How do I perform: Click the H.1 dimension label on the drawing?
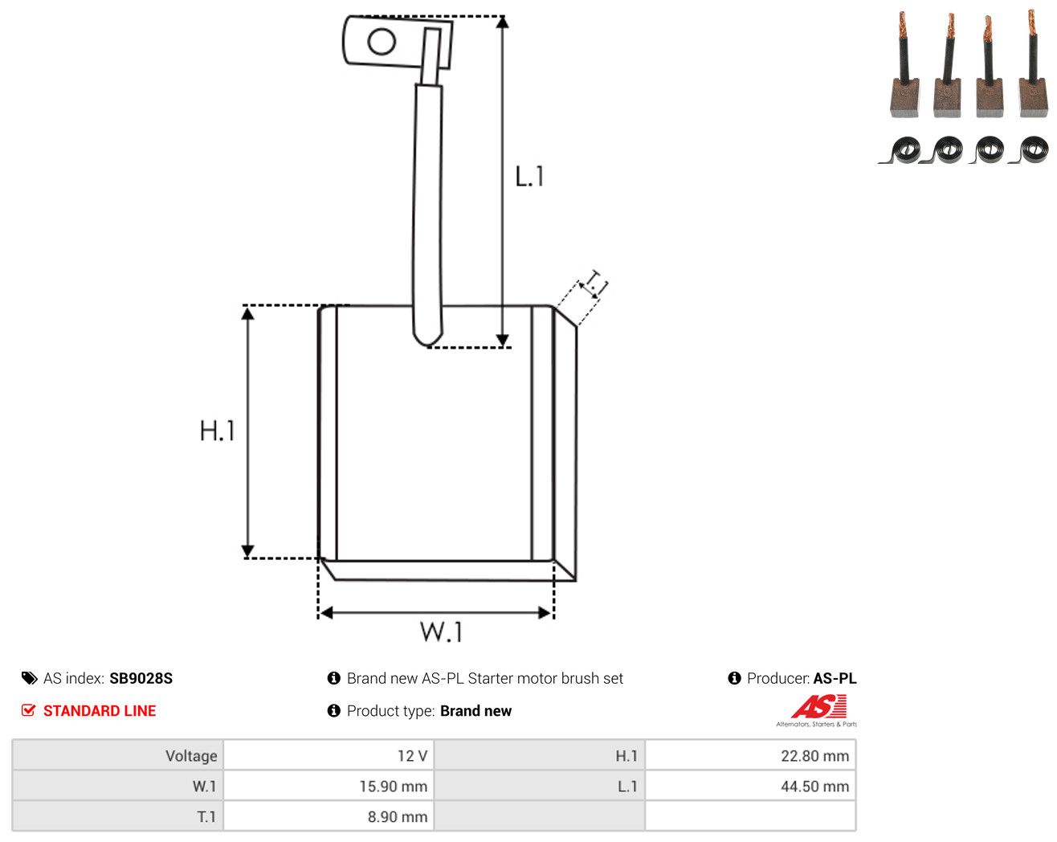point(217,431)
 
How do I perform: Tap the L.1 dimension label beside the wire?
point(529,176)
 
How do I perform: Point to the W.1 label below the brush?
point(441,631)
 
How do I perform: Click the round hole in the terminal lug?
point(382,41)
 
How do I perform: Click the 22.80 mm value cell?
point(749,755)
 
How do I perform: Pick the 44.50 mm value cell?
point(749,786)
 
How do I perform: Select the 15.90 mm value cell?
point(328,786)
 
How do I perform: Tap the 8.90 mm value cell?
point(328,816)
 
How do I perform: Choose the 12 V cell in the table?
point(328,755)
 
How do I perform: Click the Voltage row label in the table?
point(191,755)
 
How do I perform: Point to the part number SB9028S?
point(141,678)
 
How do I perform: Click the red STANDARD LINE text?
point(100,710)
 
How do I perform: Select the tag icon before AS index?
point(29,678)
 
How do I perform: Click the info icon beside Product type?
point(333,710)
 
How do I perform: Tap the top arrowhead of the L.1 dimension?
point(502,22)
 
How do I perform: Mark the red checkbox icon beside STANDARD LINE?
point(28,710)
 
